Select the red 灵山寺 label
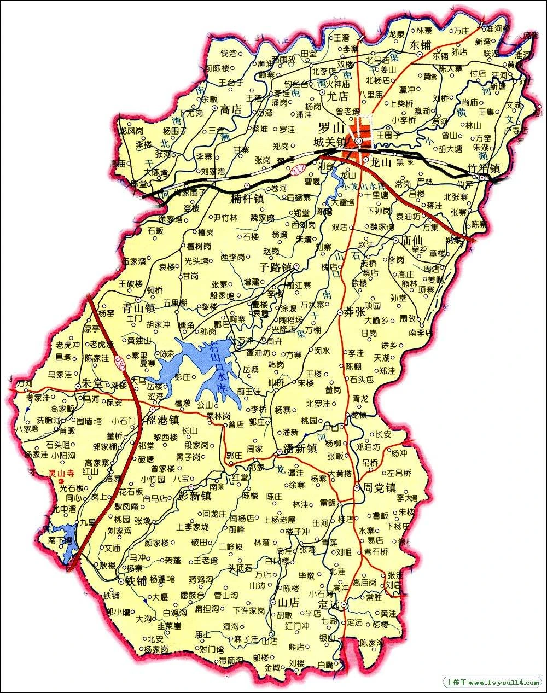[60, 474]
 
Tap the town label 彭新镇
[195, 496]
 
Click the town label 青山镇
[138, 306]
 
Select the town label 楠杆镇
[247, 198]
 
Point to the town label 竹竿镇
[484, 168]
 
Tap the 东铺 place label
[420, 44]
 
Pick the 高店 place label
[230, 109]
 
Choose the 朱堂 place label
[91, 383]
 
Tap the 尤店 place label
[337, 97]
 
